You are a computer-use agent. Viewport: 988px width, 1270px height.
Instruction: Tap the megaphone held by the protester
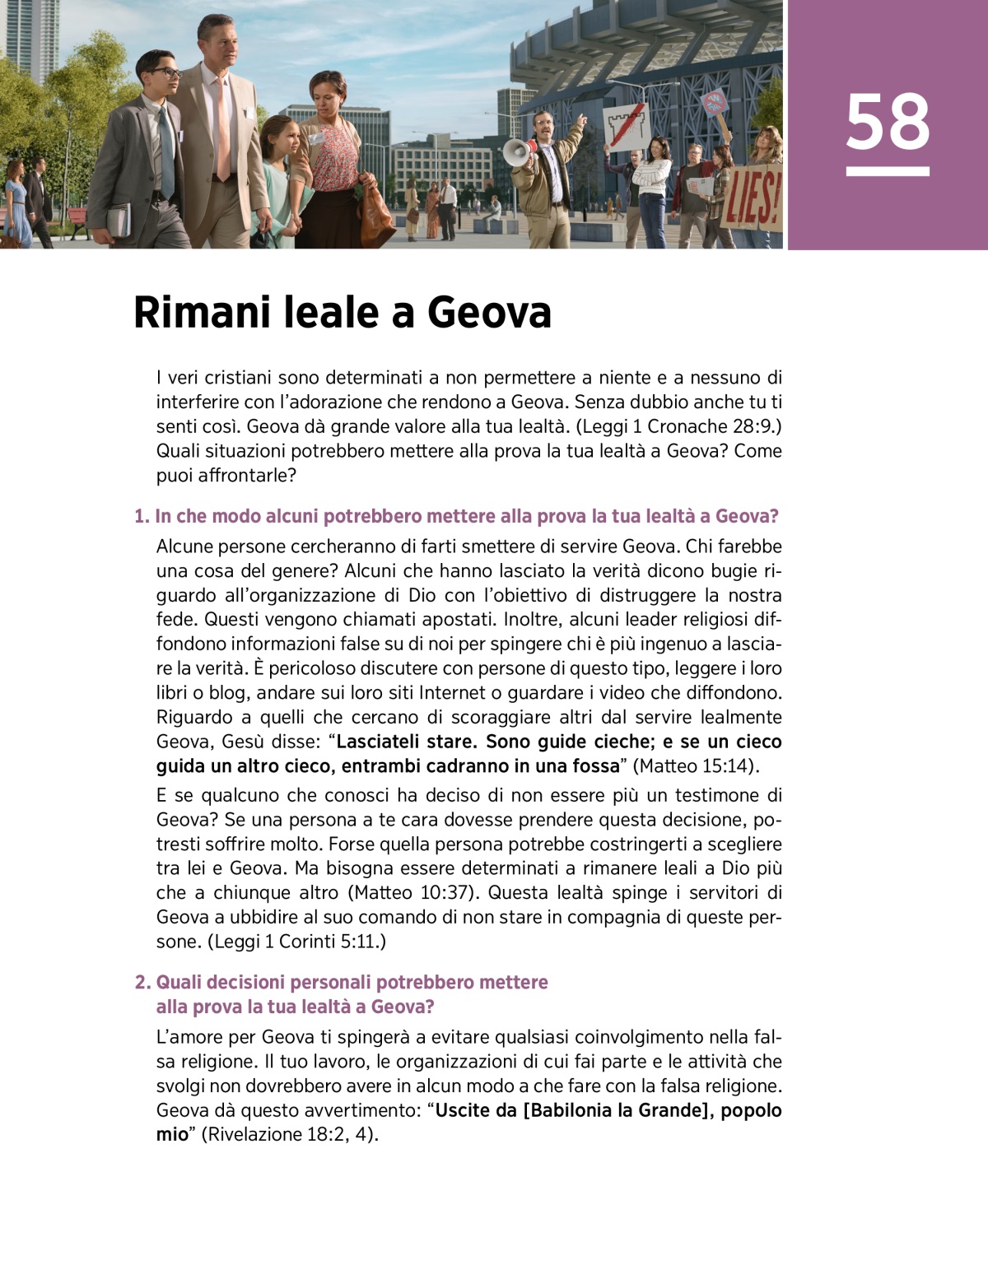[517, 152]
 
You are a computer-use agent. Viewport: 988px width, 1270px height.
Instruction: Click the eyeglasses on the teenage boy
[165, 73]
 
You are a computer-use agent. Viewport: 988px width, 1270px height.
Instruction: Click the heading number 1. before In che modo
[142, 517]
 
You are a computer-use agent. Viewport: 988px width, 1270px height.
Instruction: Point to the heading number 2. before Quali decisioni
[143, 983]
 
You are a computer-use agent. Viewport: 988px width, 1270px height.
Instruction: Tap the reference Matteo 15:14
[696, 766]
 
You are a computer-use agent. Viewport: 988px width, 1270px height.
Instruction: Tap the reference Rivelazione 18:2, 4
[290, 1135]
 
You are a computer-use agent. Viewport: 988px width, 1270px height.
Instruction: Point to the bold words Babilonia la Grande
[618, 1110]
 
